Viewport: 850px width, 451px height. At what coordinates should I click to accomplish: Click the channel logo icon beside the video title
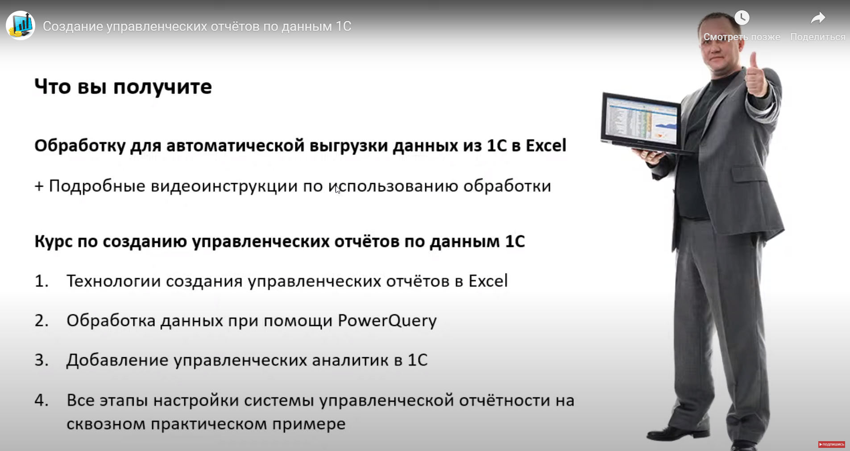click(21, 25)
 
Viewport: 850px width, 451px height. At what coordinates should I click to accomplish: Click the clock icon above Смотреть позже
click(742, 18)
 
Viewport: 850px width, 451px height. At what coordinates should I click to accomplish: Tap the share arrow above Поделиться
click(817, 18)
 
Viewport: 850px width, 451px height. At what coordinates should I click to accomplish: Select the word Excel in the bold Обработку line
click(546, 146)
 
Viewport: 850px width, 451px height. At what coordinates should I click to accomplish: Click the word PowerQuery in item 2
click(387, 321)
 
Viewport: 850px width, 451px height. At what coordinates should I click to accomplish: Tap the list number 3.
click(41, 360)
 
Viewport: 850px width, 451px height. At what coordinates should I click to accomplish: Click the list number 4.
click(41, 400)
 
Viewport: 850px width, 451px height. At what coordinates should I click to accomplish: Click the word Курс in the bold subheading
click(54, 242)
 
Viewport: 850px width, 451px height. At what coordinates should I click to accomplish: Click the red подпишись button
click(831, 444)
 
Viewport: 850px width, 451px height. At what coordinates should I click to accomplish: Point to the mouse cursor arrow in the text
click(337, 189)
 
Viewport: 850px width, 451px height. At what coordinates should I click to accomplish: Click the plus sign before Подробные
click(39, 186)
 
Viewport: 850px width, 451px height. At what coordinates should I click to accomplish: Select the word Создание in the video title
click(73, 26)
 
